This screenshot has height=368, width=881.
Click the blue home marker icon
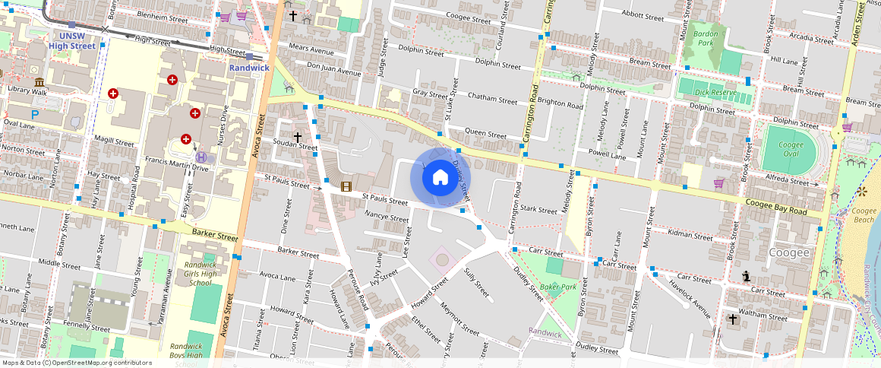tap(440, 177)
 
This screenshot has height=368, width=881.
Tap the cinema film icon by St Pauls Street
tap(346, 186)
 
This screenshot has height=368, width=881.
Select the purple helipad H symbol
tap(201, 156)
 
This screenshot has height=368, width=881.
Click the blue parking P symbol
tap(35, 114)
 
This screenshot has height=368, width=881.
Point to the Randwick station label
tap(249, 68)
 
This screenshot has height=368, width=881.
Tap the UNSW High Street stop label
tap(72, 40)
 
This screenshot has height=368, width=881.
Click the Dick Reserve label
tap(715, 93)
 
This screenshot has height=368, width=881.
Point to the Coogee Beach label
tap(864, 216)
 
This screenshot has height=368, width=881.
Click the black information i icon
tap(747, 277)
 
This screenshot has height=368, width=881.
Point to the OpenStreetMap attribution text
tap(76, 363)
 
